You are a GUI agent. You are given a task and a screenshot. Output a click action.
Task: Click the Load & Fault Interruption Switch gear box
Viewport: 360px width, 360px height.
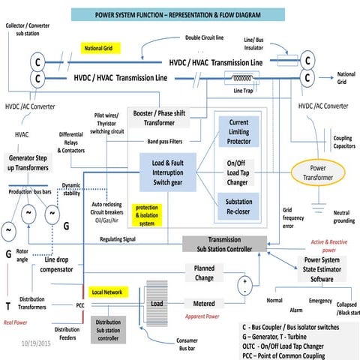pos(169,170)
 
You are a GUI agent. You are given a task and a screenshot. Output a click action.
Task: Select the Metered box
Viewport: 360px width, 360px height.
pos(204,304)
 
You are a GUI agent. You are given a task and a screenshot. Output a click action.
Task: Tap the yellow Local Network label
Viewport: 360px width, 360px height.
pos(107,290)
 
